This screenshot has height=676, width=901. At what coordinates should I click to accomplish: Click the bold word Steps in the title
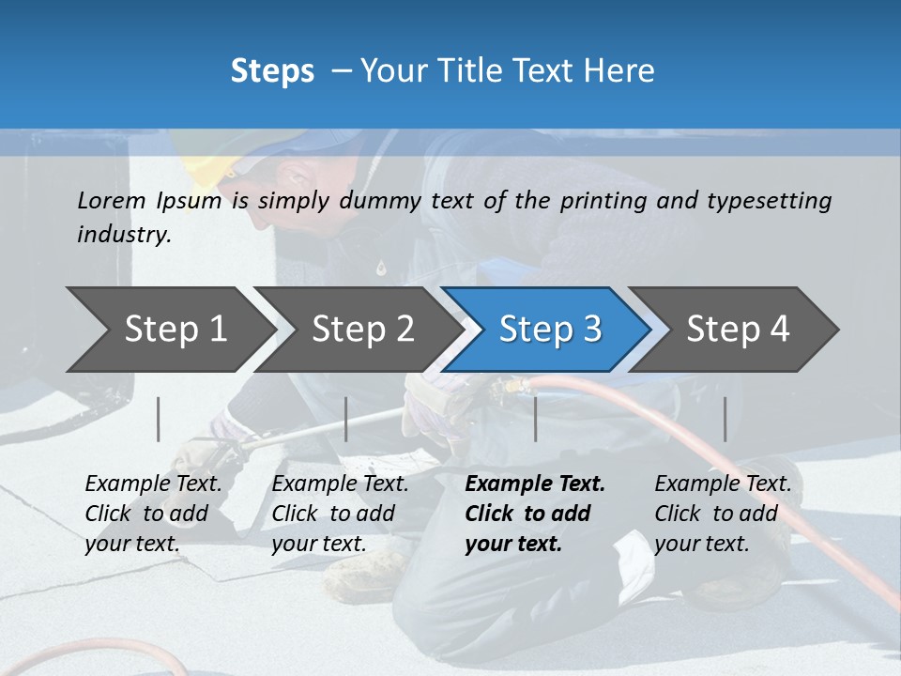tap(272, 70)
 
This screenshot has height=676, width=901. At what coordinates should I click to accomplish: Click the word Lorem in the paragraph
tap(112, 200)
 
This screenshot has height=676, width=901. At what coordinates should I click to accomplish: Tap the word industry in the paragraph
tap(123, 235)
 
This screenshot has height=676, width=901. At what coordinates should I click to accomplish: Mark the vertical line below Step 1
tap(159, 419)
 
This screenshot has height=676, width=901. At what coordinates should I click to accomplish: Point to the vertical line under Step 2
tap(346, 419)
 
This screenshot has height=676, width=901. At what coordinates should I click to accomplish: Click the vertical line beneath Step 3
tap(536, 419)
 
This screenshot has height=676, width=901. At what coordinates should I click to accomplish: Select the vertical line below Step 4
tap(725, 419)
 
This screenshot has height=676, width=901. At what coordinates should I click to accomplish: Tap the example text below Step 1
tap(153, 514)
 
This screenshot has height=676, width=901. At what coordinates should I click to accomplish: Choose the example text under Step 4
tap(723, 514)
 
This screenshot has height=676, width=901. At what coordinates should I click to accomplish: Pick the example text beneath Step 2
tap(340, 514)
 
